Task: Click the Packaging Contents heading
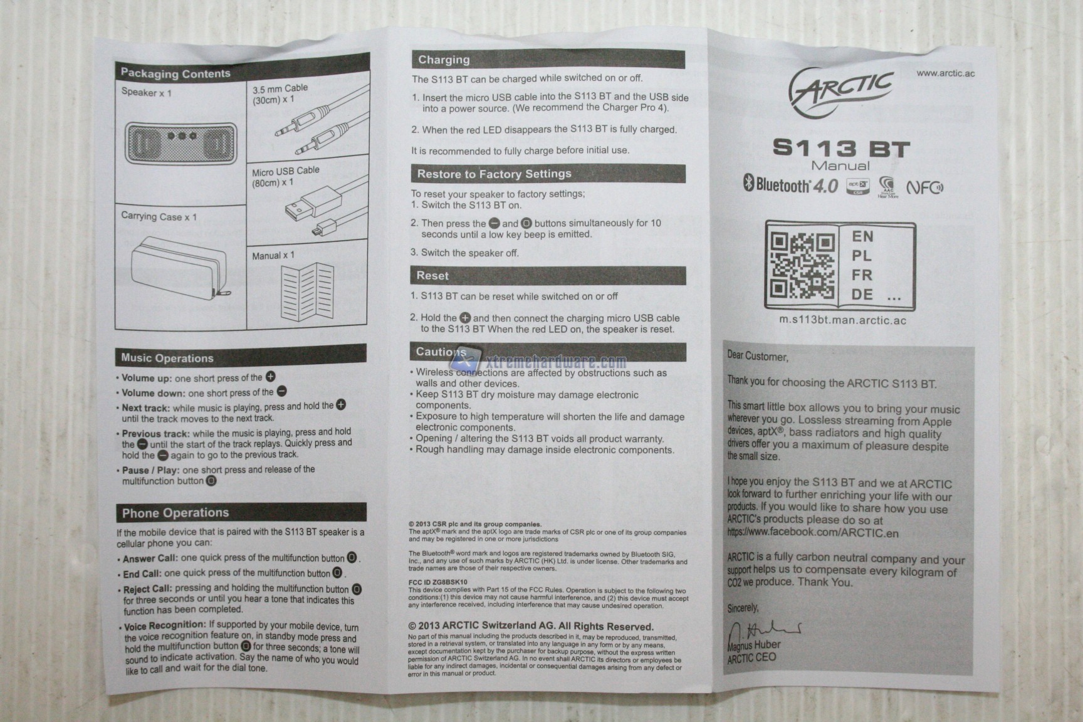[x=175, y=73]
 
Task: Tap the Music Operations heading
[x=167, y=358]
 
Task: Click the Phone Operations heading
[x=175, y=513]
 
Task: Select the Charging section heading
[x=444, y=60]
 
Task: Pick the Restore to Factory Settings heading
[x=494, y=174]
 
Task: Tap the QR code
[x=803, y=264]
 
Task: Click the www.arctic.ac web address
[x=946, y=73]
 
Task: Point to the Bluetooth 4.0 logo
[x=790, y=185]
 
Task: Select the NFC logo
[x=925, y=187]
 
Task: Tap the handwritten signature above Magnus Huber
[x=765, y=629]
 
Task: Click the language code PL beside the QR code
[x=862, y=256]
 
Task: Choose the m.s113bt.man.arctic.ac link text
[x=842, y=320]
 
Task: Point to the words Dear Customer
[x=757, y=356]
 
